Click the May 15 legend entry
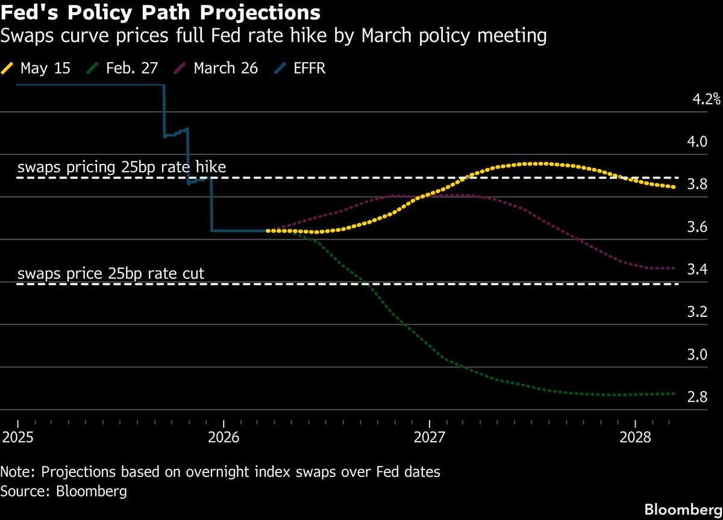point(36,68)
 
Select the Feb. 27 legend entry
point(122,68)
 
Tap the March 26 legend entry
point(216,68)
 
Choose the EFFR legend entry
point(299,68)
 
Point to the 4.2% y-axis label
point(706,99)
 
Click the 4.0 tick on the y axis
point(697,142)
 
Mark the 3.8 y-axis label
point(697,184)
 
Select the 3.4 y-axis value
point(697,269)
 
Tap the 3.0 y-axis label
point(697,354)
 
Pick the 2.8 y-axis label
point(697,396)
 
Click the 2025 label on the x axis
point(17,437)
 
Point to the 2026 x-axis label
point(224,437)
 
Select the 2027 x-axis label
point(429,437)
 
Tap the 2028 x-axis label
point(635,437)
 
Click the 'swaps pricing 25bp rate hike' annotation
point(122,167)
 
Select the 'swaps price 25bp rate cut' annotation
point(111,274)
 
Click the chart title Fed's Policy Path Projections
point(160,12)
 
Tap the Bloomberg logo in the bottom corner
point(683,510)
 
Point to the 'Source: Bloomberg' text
point(64,492)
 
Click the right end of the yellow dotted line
point(674,187)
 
